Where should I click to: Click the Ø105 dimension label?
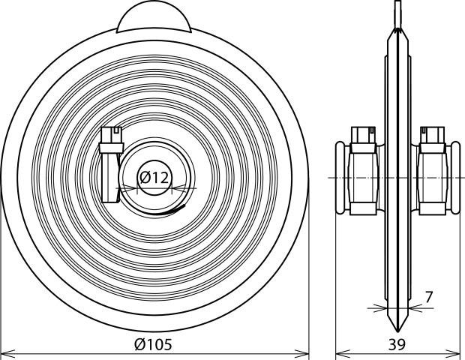(153, 344)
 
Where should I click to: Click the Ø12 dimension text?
(154, 178)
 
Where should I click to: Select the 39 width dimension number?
(397, 344)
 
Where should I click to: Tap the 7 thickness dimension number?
(429, 297)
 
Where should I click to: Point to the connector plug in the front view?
(111, 165)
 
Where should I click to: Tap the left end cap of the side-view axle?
(340, 177)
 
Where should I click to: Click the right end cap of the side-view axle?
(455, 177)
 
